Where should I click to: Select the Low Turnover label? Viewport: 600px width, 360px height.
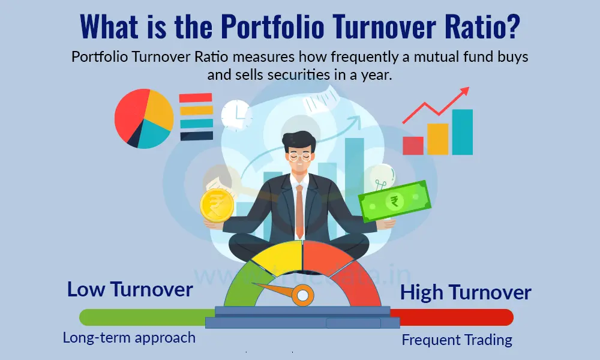pos(130,290)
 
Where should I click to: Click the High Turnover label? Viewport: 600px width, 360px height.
pos(466,293)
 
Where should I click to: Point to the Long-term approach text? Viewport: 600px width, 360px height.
pos(129,338)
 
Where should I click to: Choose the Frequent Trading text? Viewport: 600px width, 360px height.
pos(457,340)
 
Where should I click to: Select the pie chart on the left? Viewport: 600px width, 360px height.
pos(144,119)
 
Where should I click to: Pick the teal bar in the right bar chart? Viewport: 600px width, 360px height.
pos(462,132)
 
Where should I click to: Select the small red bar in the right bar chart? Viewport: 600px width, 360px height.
pos(413,145)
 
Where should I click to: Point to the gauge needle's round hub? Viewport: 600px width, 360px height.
pos(302,295)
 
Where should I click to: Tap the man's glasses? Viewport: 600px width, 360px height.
pos(299,154)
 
